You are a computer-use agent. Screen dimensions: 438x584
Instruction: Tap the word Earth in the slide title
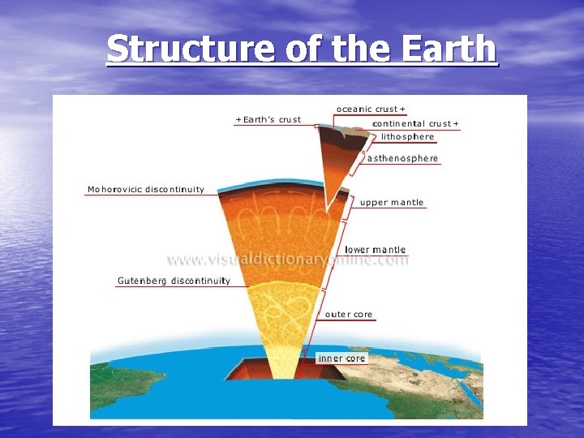(448, 49)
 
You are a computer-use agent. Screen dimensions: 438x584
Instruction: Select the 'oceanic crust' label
(369, 109)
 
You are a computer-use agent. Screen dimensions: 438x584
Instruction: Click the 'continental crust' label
(413, 123)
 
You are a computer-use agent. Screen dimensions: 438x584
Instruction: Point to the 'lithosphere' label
(407, 136)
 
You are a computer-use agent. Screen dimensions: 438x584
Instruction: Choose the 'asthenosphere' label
(402, 158)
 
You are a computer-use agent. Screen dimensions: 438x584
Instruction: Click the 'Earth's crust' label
(268, 119)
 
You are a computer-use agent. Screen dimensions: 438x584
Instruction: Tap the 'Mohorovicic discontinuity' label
(146, 190)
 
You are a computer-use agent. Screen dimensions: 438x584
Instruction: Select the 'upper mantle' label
(392, 202)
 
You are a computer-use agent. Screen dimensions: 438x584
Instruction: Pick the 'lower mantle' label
(375, 250)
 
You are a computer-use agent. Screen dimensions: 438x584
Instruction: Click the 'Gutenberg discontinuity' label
(174, 281)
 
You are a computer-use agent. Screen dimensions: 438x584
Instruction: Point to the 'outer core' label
(349, 314)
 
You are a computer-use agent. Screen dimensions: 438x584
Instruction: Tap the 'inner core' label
(341, 358)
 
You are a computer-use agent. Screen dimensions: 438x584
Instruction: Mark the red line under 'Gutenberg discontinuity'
(173, 287)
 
